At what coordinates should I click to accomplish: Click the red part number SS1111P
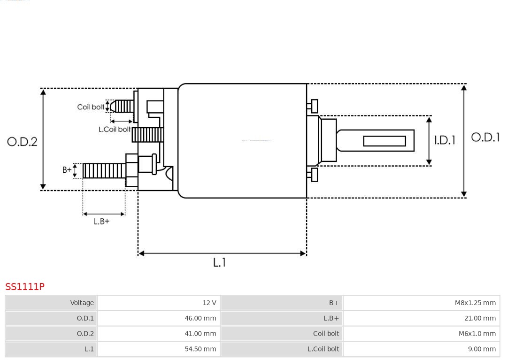pos(25,286)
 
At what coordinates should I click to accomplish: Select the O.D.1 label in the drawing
pos(485,137)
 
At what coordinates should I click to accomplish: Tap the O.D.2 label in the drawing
pos(22,142)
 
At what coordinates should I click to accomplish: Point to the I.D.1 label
pos(444,140)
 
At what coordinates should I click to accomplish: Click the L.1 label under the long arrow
pos(219,262)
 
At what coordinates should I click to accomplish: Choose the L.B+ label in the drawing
pos(101,221)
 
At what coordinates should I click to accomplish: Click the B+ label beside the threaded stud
pos(67,170)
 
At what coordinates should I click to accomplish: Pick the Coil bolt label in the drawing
pos(91,107)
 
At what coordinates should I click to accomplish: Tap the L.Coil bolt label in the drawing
pos(114,129)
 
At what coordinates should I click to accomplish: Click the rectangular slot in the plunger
pos(384,141)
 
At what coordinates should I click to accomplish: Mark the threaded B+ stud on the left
pos(104,171)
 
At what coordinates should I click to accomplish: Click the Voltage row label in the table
pos(82,303)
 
